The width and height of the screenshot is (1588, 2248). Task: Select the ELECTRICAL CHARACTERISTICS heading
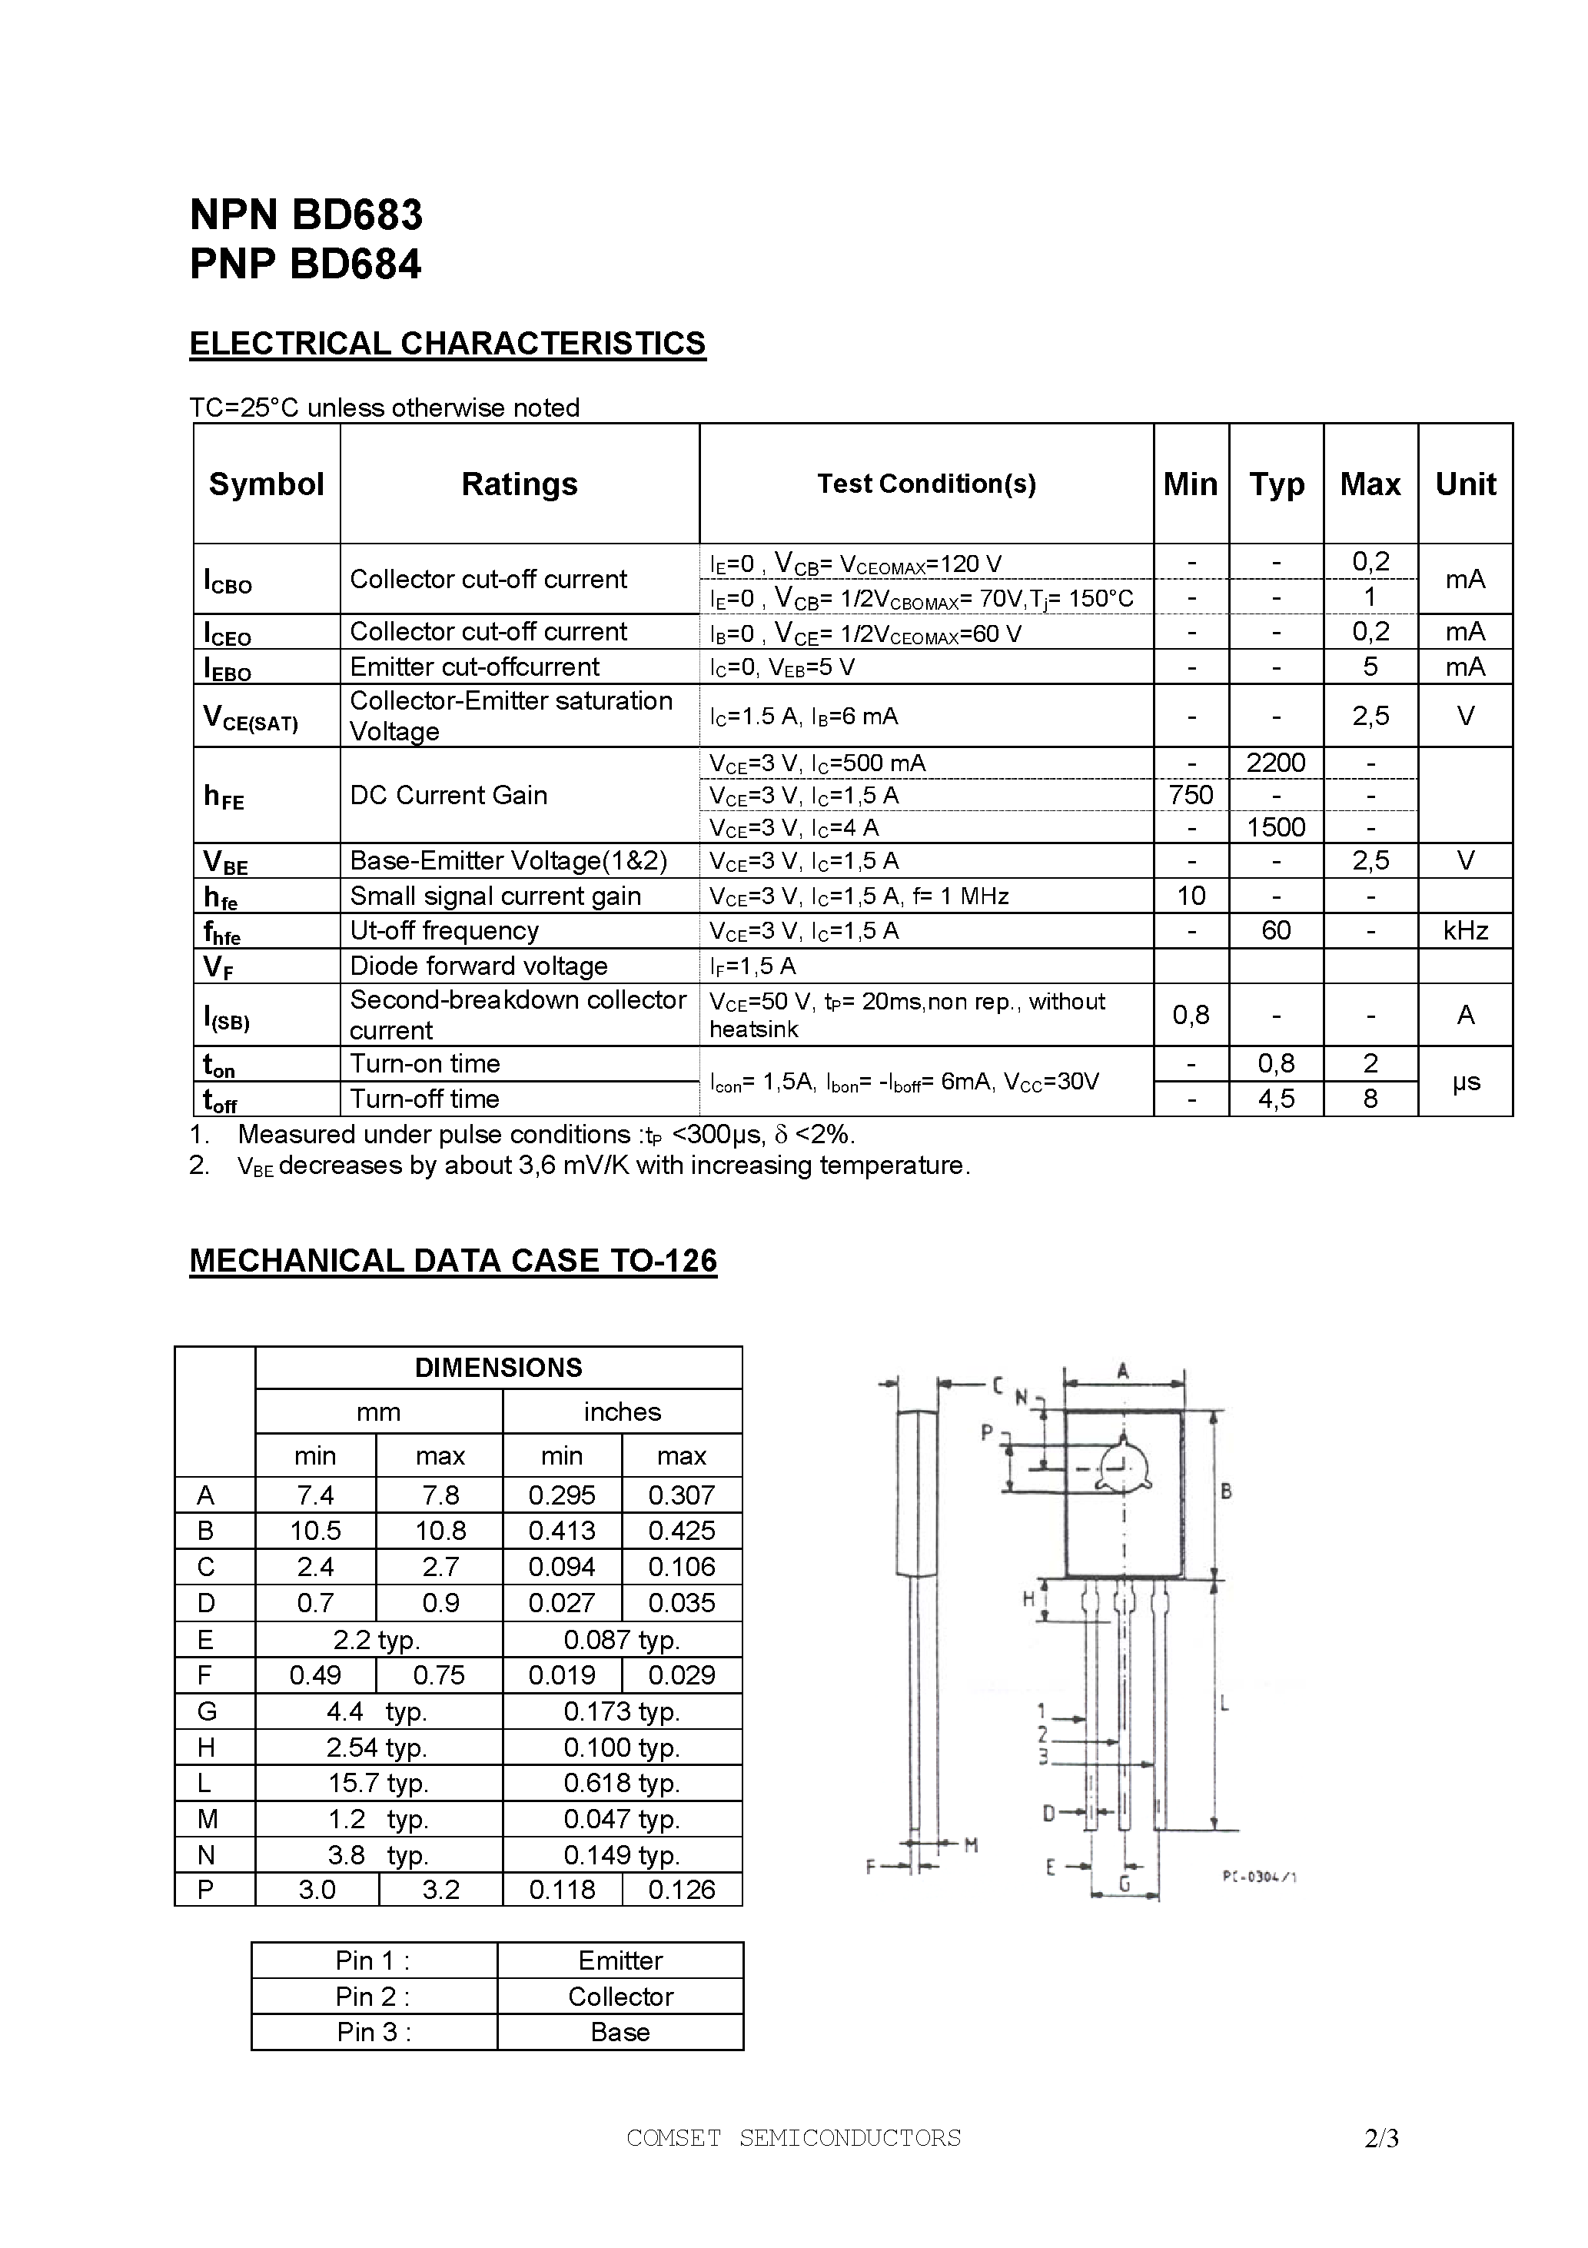click(x=447, y=344)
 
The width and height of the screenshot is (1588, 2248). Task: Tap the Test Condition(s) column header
click(x=926, y=484)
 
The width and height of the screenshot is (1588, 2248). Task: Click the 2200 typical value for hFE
click(x=1276, y=763)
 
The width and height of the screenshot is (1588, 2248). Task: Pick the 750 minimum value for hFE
click(x=1191, y=795)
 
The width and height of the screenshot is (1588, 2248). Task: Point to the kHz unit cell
click(x=1465, y=930)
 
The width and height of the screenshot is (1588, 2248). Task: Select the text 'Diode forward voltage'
click(x=479, y=966)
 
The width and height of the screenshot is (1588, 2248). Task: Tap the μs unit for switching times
click(x=1465, y=1081)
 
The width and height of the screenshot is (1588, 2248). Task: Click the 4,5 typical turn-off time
click(x=1276, y=1099)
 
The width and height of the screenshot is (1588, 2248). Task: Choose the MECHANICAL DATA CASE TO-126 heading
click(x=453, y=1260)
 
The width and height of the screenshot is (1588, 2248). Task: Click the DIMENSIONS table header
click(x=498, y=1368)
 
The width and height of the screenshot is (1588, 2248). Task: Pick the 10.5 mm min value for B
click(x=315, y=1531)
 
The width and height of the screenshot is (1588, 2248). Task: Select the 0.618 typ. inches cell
click(x=622, y=1783)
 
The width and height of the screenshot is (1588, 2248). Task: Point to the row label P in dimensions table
click(x=205, y=1890)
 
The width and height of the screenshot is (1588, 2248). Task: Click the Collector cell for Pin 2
click(x=621, y=1997)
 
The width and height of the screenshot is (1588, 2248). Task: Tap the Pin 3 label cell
click(x=374, y=2032)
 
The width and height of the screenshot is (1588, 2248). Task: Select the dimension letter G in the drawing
click(x=1124, y=1884)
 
